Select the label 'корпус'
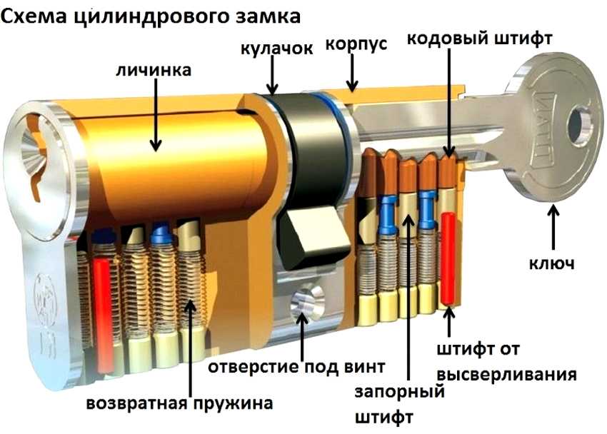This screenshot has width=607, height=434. (x=356, y=44)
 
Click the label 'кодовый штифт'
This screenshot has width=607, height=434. (x=478, y=38)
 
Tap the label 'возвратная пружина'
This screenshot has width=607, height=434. (x=179, y=403)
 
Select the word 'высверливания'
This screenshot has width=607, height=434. (x=506, y=375)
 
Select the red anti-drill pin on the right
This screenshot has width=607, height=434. (x=449, y=257)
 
